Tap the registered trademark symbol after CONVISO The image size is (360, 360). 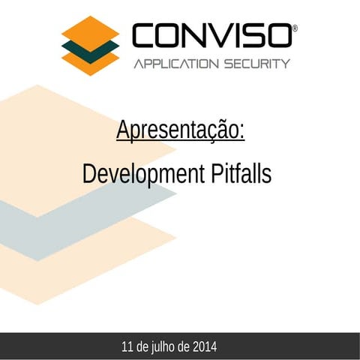295,28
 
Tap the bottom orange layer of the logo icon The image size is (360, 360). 91,63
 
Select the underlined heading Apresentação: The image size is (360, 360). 180,130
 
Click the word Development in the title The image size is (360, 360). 140,174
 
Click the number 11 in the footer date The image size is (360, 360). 127,347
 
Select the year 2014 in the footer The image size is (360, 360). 205,347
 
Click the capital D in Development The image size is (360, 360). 89,174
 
